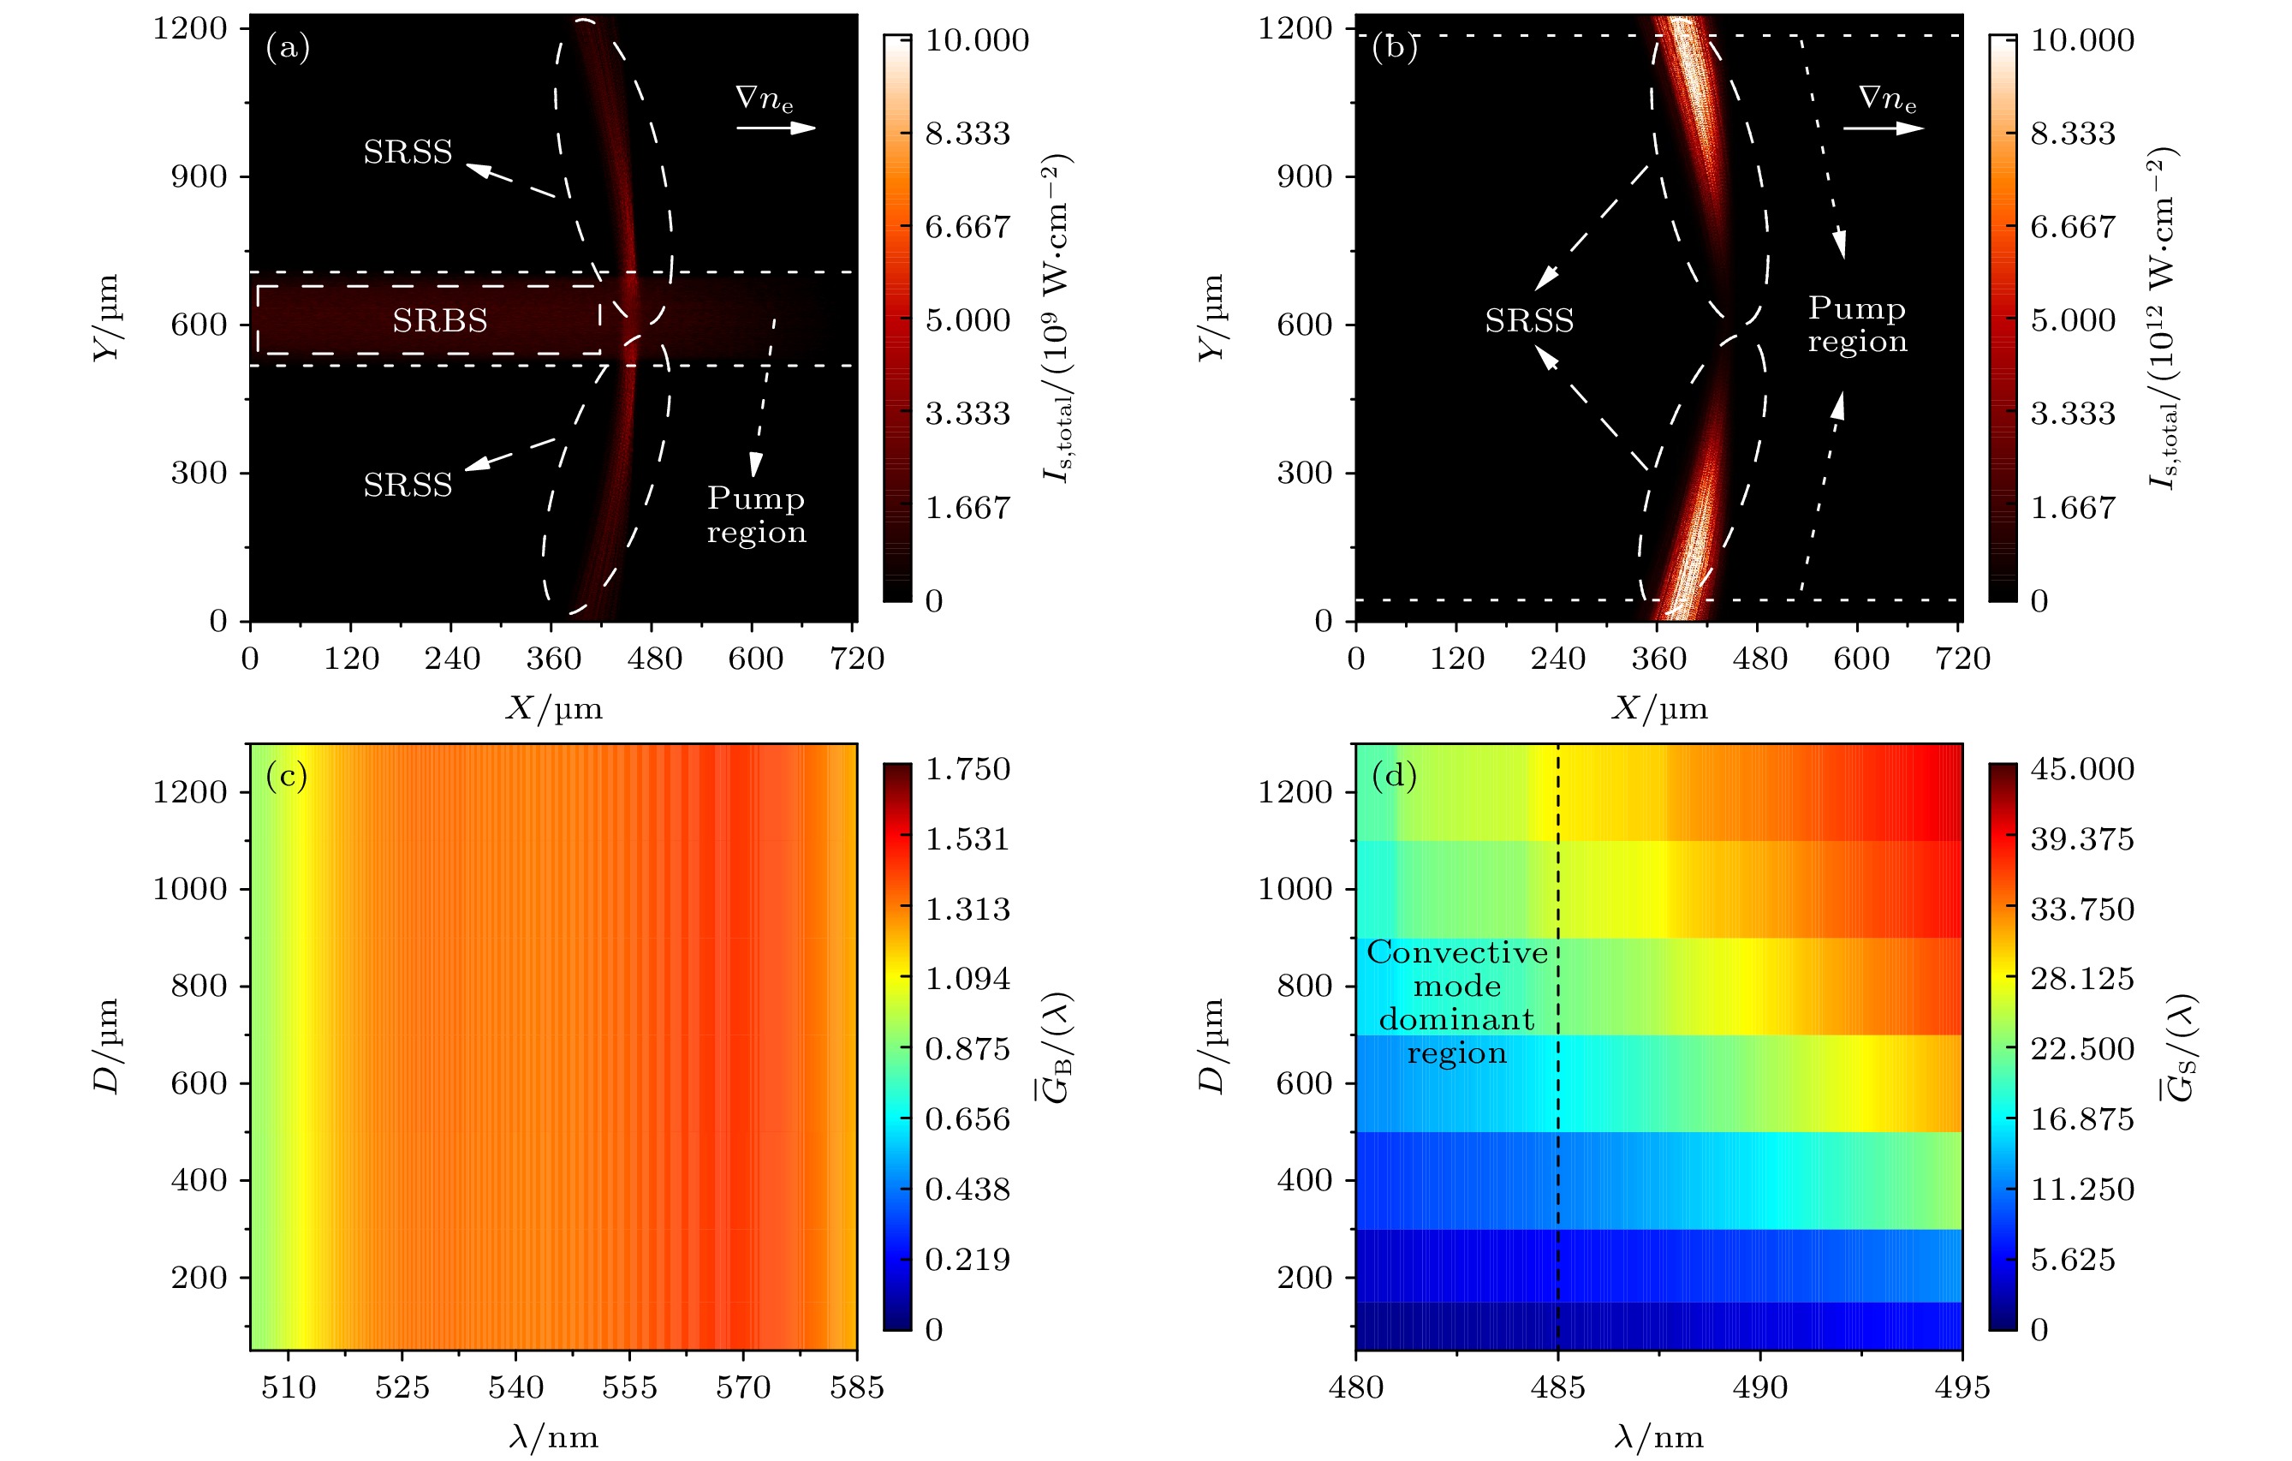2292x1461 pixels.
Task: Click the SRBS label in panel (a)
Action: tap(440, 321)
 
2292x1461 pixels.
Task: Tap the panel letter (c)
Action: tap(287, 777)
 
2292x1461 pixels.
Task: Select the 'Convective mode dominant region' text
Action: tap(1456, 1002)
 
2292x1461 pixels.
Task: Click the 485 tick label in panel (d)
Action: tap(1557, 1387)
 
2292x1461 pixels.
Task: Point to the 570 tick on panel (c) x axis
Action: tap(742, 1387)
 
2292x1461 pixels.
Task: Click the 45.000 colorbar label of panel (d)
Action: tap(2081, 769)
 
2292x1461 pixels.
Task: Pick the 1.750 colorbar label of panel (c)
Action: tap(967, 769)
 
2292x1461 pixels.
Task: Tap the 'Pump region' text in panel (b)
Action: tap(1857, 324)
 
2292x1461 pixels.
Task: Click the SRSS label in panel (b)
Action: tap(1528, 321)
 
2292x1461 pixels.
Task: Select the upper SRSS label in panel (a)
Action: tap(408, 152)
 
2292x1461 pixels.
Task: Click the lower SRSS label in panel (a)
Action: tap(408, 486)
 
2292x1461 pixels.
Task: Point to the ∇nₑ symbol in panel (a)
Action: tap(765, 99)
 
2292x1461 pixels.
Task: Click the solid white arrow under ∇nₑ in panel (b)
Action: tap(1883, 128)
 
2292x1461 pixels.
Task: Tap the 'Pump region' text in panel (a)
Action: tap(756, 514)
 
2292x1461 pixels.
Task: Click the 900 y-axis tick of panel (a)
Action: tap(199, 177)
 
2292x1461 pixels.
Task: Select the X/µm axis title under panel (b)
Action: tap(1659, 708)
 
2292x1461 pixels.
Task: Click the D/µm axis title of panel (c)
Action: tap(107, 1046)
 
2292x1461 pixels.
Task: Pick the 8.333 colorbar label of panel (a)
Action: tap(967, 134)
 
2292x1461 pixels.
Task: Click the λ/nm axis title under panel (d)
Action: tap(1659, 1437)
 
